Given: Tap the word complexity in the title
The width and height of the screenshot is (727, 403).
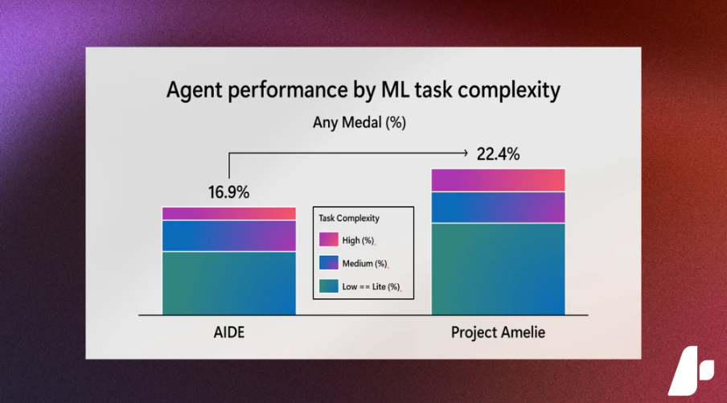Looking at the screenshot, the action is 509,90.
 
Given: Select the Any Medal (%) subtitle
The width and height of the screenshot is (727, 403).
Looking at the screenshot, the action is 359,122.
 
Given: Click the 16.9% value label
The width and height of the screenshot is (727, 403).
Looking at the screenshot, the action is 228,192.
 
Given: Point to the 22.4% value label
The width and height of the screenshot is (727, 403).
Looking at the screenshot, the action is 499,154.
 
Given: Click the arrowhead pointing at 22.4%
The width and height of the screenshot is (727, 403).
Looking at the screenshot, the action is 466,153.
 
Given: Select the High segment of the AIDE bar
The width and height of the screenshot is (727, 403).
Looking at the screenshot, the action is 229,213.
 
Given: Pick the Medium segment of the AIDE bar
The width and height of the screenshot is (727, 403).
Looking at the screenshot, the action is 229,236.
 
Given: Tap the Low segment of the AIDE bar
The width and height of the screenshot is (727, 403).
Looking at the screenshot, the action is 229,283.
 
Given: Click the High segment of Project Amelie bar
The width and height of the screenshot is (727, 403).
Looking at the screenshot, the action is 499,180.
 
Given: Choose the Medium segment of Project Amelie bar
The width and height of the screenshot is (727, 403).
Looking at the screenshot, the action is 499,208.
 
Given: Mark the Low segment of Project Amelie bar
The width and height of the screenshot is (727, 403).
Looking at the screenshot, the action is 499,269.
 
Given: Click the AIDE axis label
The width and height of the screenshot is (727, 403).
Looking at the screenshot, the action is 229,332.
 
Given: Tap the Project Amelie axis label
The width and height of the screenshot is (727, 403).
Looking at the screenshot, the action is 499,332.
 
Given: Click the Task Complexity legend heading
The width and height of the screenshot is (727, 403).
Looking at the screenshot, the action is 349,219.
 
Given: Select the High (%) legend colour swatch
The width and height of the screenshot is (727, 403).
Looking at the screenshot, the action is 329,239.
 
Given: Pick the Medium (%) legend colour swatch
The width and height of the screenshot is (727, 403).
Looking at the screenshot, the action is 329,262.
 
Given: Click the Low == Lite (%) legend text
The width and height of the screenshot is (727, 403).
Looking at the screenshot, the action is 371,287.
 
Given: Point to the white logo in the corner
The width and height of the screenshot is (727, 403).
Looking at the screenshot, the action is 691,370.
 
